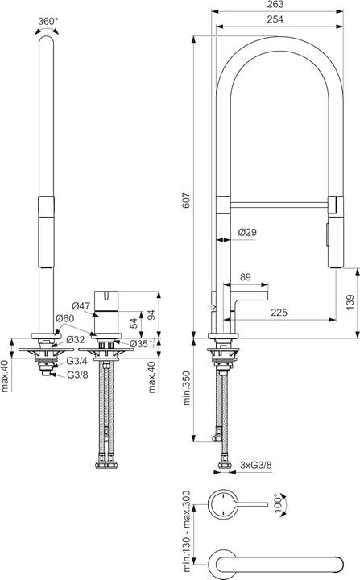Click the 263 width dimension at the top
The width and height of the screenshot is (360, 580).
pyautogui.click(x=275, y=5)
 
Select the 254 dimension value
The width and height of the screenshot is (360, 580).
pyautogui.click(x=275, y=19)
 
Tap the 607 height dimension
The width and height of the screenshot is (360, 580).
pyautogui.click(x=186, y=200)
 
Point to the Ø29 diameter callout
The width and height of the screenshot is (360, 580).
pyautogui.click(x=247, y=232)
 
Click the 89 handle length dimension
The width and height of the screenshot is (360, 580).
pyautogui.click(x=246, y=277)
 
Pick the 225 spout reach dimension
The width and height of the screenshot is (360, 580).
pyautogui.click(x=279, y=313)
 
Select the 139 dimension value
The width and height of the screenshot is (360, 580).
pyautogui.click(x=350, y=302)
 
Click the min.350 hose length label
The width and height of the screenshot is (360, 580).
pyautogui.click(x=187, y=388)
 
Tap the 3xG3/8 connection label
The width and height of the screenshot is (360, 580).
pyautogui.click(x=255, y=465)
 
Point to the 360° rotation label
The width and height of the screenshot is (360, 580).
pyautogui.click(x=48, y=21)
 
